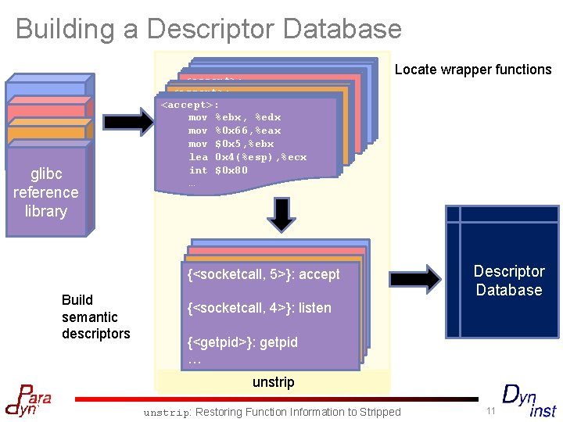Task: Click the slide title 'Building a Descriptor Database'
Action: pos(208,29)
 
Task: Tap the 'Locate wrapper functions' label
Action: pos(472,70)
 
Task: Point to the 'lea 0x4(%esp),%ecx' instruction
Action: pos(247,157)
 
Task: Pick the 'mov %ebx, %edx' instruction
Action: pos(234,117)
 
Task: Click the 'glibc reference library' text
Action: pos(45,192)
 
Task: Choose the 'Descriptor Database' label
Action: pos(508,281)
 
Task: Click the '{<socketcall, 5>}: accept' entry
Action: pos(264,274)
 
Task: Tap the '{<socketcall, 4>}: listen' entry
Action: pos(259,308)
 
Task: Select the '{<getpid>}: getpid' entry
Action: pos(242,342)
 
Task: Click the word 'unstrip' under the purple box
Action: pos(273,382)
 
